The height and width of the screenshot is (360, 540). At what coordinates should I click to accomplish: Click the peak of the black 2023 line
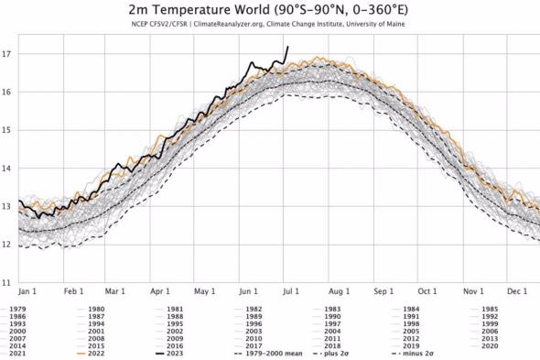pos(288,47)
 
